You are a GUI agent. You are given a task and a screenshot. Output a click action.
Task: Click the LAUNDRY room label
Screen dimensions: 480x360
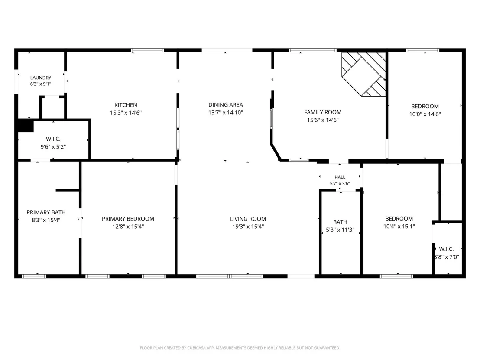point(41,78)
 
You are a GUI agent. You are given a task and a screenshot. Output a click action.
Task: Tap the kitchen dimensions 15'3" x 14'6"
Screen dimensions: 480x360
point(126,113)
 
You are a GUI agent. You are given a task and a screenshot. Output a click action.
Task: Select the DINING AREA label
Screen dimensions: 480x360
point(226,105)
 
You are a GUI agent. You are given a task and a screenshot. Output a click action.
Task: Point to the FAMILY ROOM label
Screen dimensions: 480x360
point(323,112)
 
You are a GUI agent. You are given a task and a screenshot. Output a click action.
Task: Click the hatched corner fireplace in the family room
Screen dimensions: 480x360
point(363,74)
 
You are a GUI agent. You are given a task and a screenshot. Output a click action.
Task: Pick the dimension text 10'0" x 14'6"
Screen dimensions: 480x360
point(425,114)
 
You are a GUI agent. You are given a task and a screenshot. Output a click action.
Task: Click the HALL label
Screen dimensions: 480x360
point(340,177)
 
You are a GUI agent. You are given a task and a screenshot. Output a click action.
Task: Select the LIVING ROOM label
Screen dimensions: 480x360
point(248,219)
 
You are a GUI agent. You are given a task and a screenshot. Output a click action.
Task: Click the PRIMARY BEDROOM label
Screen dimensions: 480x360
point(128,219)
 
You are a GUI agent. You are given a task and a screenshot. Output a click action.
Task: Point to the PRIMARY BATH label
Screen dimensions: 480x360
point(46,212)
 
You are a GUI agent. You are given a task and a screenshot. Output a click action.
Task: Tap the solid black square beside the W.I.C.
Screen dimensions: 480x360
point(26,126)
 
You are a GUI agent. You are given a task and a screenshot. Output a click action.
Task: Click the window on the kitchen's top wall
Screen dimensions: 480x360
point(148,50)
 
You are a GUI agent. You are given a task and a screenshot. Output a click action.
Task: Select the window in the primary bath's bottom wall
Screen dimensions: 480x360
point(34,276)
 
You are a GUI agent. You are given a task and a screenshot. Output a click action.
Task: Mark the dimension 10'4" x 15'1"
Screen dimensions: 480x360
point(399,227)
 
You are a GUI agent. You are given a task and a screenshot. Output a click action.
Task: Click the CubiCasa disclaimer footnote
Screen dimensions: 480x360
point(240,348)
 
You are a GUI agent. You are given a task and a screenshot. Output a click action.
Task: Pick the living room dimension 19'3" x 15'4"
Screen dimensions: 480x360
point(248,227)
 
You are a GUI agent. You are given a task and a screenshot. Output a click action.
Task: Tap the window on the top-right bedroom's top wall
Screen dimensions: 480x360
point(423,50)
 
